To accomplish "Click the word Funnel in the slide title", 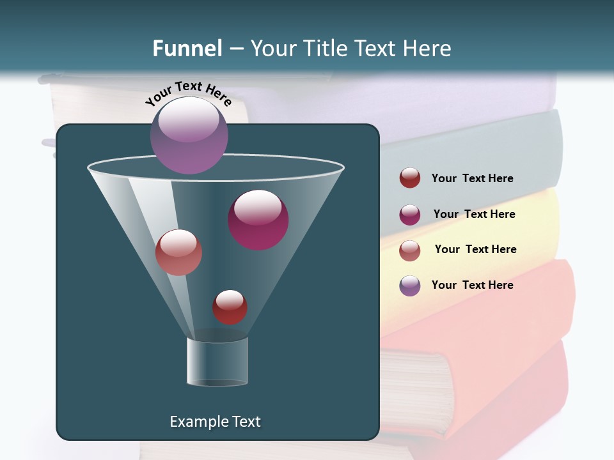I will [x=187, y=49].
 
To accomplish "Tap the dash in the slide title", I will [x=236, y=49].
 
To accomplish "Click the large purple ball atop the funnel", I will [x=189, y=135].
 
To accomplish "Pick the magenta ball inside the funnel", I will [x=258, y=220].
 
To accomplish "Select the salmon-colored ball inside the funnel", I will [x=178, y=252].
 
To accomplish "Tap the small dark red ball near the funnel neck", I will [x=230, y=307].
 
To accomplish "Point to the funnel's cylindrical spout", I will [x=217, y=362].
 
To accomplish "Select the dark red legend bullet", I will [x=410, y=178].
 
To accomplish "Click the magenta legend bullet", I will [x=410, y=215].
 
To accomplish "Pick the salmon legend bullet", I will [x=410, y=250].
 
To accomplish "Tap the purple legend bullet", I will [x=410, y=286].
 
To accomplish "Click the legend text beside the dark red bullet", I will [x=472, y=179].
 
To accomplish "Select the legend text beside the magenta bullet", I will [x=474, y=214].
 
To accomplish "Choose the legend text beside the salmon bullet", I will [x=475, y=249].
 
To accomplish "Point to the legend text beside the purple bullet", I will [x=472, y=285].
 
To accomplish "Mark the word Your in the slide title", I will [x=273, y=49].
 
